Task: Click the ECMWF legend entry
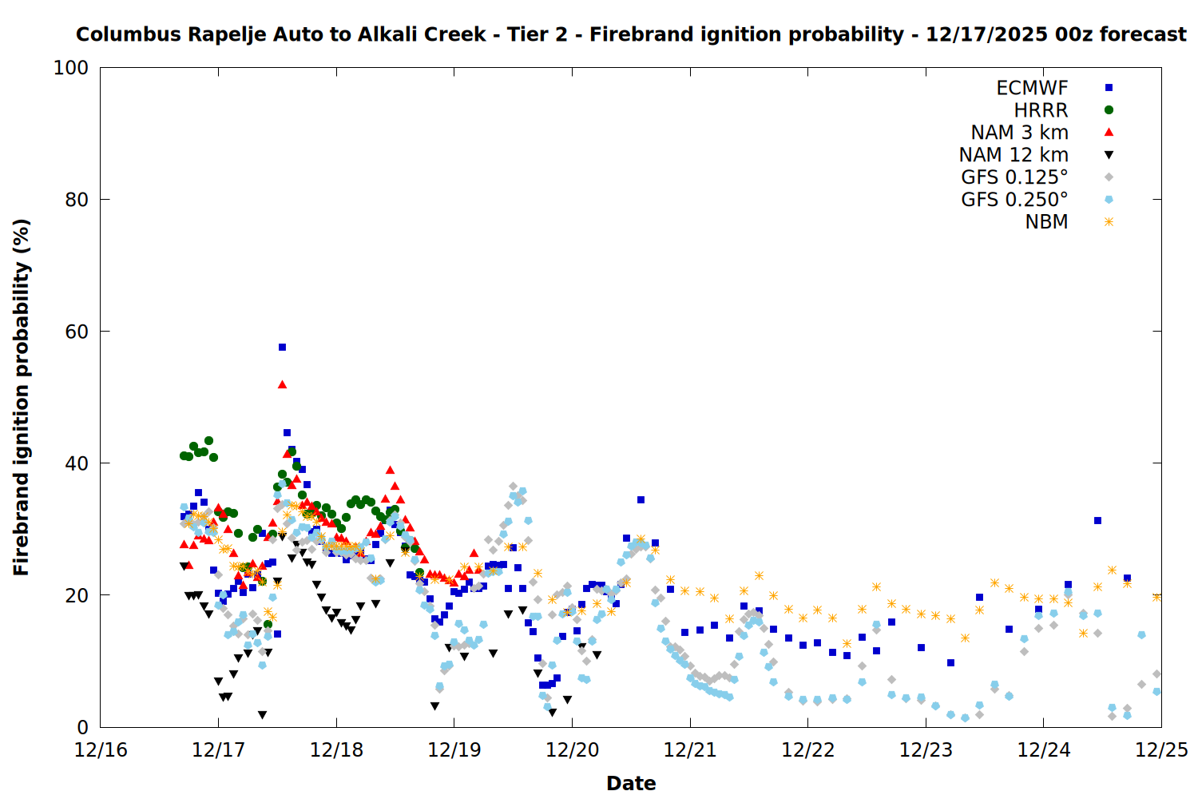(x=1032, y=88)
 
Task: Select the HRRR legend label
(x=1041, y=110)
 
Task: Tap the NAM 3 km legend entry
(x=1019, y=133)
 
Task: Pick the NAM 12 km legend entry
(x=1014, y=155)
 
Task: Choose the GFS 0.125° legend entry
(x=1014, y=177)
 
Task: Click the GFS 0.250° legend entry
(x=1014, y=200)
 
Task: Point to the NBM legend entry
(x=1046, y=222)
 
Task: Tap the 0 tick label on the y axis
(x=82, y=727)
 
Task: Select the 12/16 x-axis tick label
(x=101, y=750)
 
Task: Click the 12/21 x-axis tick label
(x=690, y=750)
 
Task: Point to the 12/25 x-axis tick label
(x=1161, y=750)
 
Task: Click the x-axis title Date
(x=631, y=783)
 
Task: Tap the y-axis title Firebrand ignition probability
(x=22, y=397)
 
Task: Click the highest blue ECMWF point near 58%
(x=282, y=347)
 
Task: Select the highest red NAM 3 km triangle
(x=282, y=384)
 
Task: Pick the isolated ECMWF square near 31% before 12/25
(x=1097, y=520)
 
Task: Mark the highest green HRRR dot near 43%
(x=208, y=440)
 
